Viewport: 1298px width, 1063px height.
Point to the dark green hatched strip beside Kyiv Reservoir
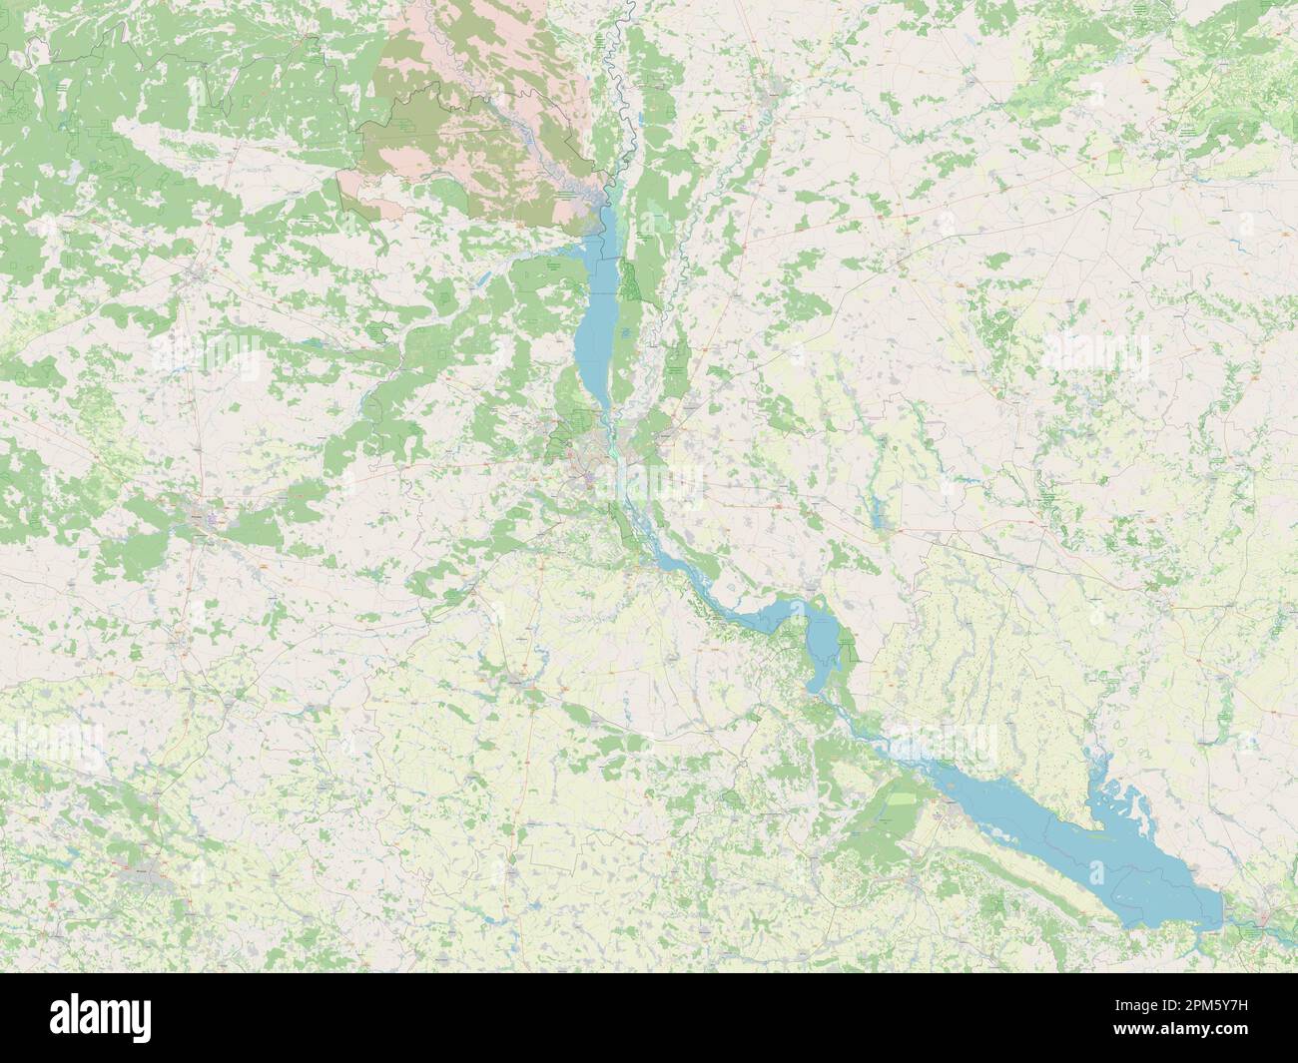coord(631,283)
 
